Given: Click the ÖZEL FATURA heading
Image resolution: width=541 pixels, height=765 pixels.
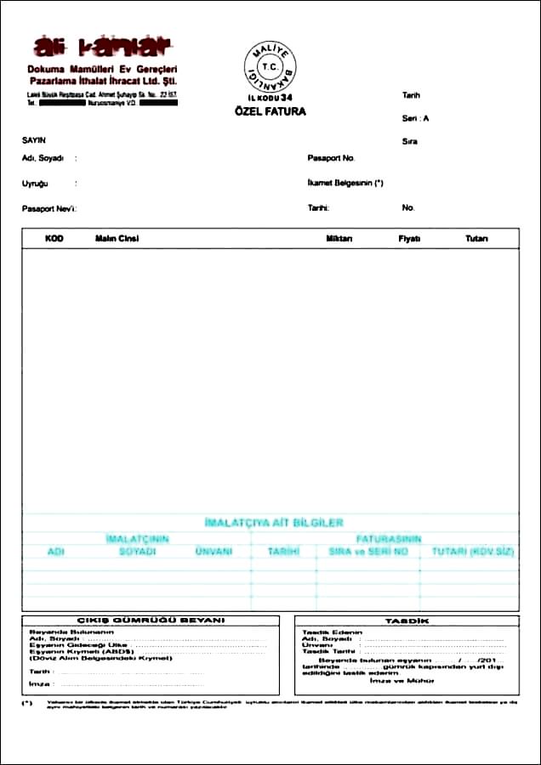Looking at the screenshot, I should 270,111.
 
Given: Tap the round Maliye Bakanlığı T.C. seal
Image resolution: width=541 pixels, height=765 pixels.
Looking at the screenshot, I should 270,66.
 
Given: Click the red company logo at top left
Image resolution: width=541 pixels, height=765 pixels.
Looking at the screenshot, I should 101,46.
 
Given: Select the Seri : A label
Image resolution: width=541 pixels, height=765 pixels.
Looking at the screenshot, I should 416,119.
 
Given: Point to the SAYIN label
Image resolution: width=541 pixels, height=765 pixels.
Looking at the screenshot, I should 34,139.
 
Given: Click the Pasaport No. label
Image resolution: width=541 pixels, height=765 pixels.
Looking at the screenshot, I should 332,158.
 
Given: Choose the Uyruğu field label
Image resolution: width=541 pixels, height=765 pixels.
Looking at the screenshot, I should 35,184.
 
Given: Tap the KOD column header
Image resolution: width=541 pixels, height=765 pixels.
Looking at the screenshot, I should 54,239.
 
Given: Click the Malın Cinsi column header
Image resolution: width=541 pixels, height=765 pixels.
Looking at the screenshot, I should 117,239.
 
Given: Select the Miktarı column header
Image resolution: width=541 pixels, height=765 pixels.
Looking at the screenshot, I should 339,239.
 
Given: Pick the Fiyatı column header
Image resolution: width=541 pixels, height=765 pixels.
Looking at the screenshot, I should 410,239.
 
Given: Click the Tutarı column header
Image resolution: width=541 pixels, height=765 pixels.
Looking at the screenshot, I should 476,239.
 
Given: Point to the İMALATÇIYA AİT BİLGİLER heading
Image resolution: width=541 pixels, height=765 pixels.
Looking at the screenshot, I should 274,523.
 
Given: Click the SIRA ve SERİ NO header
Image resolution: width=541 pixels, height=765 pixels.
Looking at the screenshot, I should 368,552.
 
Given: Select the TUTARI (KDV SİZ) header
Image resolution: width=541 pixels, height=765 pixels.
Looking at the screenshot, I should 473,552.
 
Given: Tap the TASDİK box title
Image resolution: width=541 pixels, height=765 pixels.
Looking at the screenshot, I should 401,621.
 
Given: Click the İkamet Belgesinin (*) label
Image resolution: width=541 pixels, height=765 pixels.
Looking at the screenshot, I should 346,183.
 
